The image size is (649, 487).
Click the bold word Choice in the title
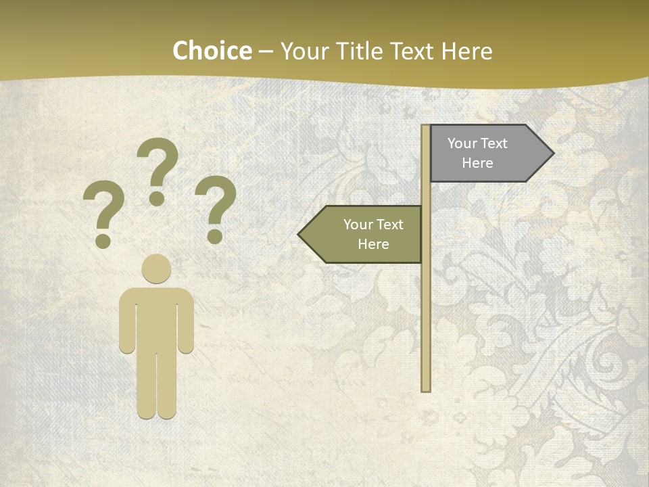coord(212,51)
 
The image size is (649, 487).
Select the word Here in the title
coord(466,51)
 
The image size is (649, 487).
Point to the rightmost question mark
coord(216,203)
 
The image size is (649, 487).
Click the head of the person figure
coord(156,269)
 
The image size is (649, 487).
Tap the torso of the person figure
coord(156,318)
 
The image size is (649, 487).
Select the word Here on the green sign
coord(373,244)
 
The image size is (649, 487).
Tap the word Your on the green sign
coord(358,225)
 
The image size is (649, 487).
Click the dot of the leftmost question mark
coord(103,241)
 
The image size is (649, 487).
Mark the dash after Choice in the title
coord(266,51)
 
